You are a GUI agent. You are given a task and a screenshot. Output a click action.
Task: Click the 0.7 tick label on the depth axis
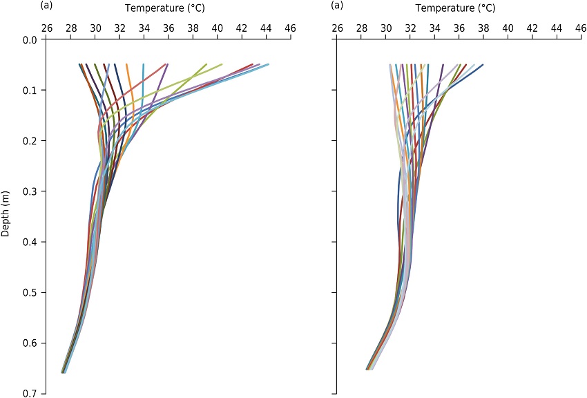[30, 393]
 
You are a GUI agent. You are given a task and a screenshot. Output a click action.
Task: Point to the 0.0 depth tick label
[30, 39]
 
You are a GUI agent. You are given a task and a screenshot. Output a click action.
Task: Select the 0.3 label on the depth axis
[30, 191]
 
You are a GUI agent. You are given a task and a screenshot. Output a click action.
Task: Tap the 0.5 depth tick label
[30, 292]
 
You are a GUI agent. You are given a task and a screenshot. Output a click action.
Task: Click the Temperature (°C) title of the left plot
[165, 8]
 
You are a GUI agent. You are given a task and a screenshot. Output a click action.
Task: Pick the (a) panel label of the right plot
[337, 6]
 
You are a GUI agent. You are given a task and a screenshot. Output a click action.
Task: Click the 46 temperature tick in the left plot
[290, 28]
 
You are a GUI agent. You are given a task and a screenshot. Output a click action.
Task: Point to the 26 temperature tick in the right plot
[337, 28]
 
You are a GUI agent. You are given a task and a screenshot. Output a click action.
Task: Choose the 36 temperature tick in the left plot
[169, 28]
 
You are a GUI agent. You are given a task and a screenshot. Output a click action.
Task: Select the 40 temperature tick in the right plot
[508, 28]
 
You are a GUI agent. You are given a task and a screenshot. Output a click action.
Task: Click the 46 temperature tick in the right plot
[581, 28]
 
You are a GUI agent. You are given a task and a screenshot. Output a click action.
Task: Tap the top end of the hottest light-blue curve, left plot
[268, 64]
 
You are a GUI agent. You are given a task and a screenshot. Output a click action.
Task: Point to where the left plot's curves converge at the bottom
[63, 372]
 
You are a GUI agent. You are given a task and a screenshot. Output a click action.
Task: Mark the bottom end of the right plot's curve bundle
[369, 369]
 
